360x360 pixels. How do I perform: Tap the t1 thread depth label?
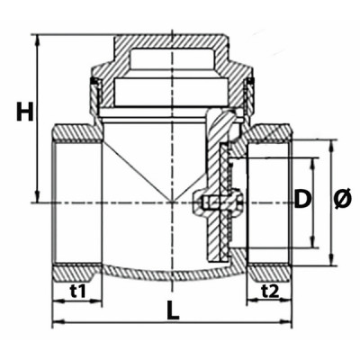[76, 291]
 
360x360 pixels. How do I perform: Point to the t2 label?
[269, 291]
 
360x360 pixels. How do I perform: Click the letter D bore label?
[303, 201]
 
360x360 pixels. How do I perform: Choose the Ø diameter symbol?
[343, 201]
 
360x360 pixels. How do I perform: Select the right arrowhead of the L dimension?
[291, 321]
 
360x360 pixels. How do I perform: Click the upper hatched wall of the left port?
[76, 133]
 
